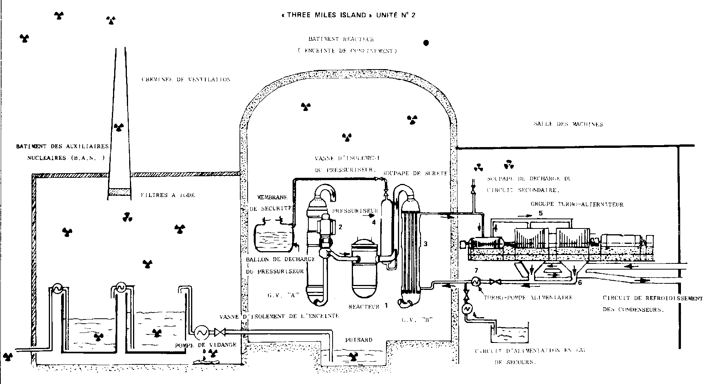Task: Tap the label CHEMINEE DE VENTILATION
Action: [186, 79]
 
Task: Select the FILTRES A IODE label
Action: [168, 195]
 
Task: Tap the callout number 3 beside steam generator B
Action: [426, 243]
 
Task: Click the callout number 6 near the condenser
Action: [579, 282]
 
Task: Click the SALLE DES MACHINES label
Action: [568, 124]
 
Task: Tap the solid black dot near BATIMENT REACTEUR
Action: [426, 43]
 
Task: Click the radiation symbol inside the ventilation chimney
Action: [118, 126]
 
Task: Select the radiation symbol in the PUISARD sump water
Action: [351, 357]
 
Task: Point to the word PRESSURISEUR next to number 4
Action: [348, 210]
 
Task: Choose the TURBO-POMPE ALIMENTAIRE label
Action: [528, 297]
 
